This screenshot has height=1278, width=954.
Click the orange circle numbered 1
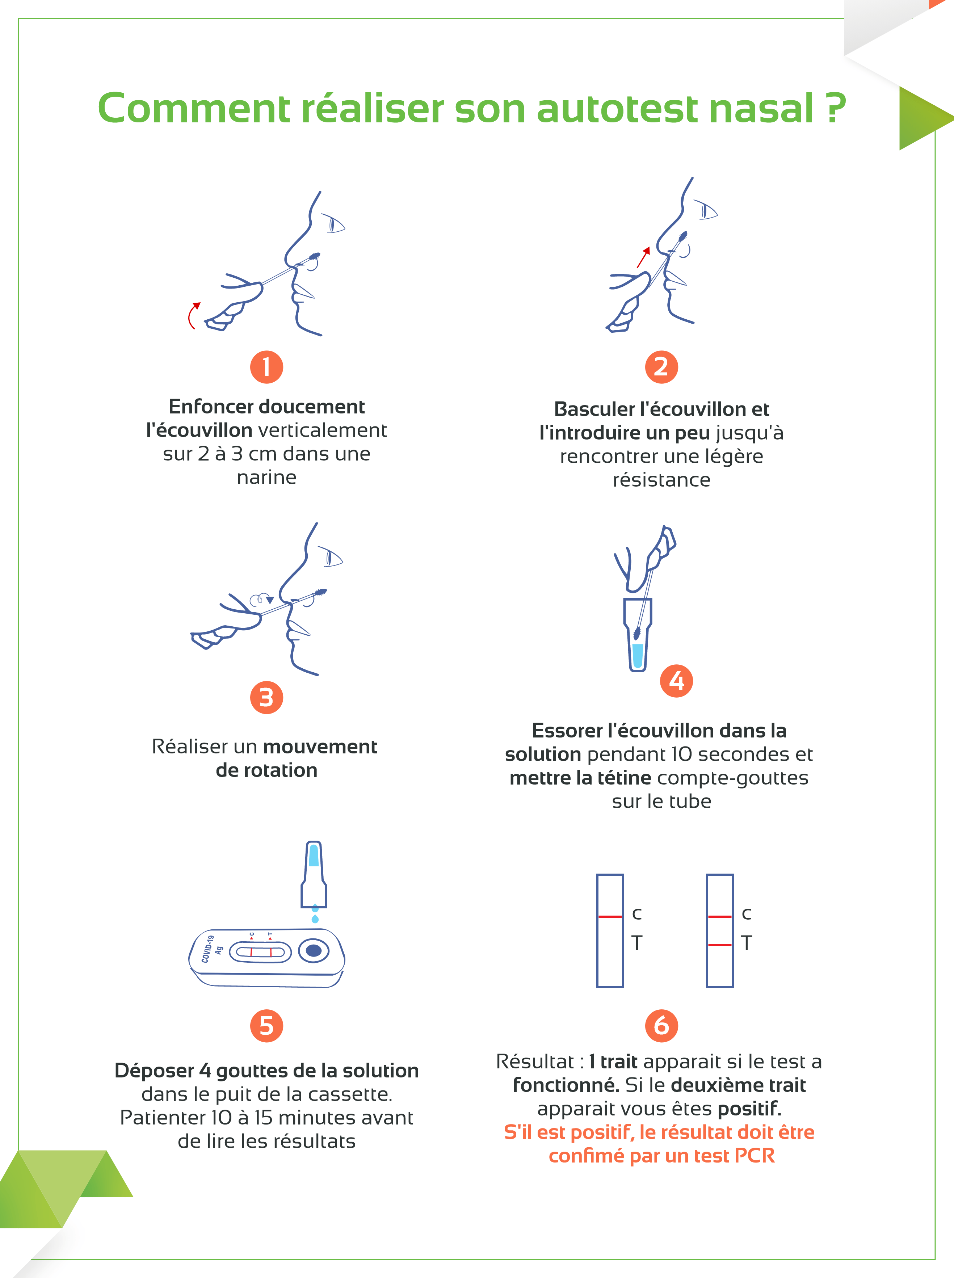266,367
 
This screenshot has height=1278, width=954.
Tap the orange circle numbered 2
661,367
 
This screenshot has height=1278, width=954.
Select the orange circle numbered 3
266,698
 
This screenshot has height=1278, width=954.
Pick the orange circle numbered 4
676,681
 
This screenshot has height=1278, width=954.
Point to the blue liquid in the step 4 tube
638,655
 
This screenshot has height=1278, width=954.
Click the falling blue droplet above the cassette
315,918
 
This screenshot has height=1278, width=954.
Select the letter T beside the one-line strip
636,943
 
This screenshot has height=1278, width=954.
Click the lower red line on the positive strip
719,945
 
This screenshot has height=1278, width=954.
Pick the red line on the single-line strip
610,916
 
